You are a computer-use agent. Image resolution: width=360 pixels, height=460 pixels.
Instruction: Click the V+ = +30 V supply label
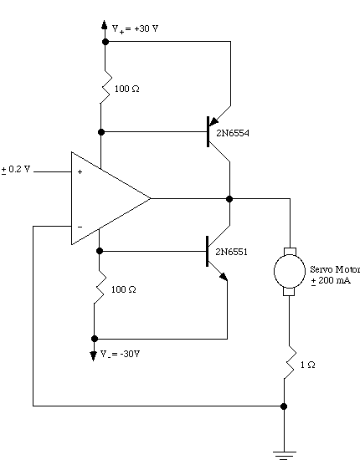[135, 29]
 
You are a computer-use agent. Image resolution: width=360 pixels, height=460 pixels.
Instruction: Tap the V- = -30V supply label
[120, 354]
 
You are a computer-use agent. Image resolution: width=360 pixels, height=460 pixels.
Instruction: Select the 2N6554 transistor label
[233, 133]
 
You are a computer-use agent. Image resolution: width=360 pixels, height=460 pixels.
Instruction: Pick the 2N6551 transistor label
[231, 252]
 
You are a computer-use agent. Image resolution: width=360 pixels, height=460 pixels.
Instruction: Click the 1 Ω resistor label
[308, 365]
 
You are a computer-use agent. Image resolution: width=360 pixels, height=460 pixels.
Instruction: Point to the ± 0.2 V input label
[16, 170]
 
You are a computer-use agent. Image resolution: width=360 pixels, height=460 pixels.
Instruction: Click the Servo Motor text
[335, 269]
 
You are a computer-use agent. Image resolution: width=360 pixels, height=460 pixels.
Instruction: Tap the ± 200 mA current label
[331, 280]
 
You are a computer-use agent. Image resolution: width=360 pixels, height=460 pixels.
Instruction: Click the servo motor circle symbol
[290, 271]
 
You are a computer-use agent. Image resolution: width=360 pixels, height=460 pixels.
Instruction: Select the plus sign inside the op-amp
[80, 172]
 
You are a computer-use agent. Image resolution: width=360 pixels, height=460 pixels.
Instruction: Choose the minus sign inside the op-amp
[80, 227]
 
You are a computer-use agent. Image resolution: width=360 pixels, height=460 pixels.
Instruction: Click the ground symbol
[285, 455]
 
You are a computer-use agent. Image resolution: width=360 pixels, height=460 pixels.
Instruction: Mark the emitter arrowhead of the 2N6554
[213, 121]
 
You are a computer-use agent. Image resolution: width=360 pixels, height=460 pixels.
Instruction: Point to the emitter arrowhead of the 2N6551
[224, 277]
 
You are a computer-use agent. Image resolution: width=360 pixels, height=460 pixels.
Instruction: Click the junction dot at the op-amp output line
[229, 199]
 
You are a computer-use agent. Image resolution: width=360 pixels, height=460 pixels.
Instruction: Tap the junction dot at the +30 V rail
[105, 42]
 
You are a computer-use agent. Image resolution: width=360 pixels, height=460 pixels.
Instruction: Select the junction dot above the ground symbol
[284, 406]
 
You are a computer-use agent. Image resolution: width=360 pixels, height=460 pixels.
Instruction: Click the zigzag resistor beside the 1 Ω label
[289, 362]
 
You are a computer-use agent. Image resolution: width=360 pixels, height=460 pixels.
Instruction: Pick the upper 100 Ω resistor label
[127, 89]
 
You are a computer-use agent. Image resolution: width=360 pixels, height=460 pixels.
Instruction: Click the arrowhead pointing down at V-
[94, 355]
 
